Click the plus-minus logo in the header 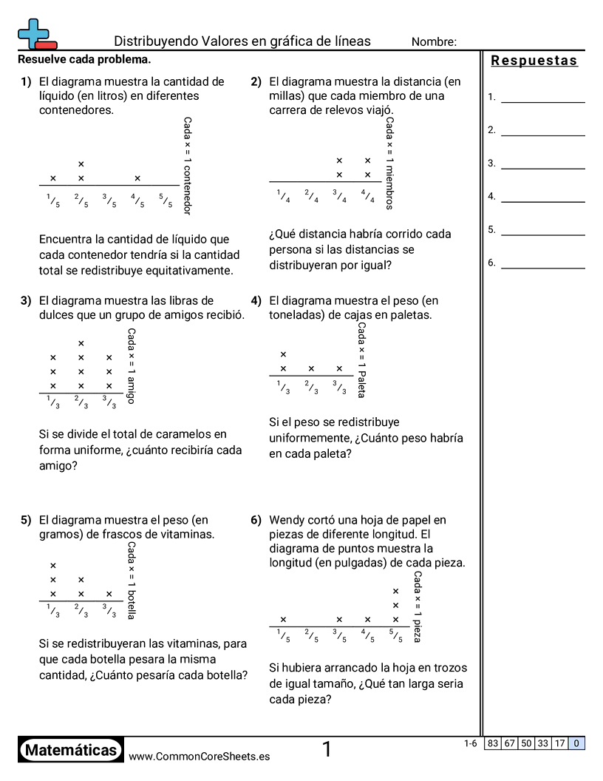pos(35,33)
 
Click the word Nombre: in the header pos(434,42)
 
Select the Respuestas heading pos(534,61)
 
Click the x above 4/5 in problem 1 pos(137,178)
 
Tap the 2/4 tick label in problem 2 pos(311,195)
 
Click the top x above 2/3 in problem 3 pos(81,343)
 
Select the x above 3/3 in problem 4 pos(339,368)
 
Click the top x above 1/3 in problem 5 pos(53,566)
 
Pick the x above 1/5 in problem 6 pos(283,620)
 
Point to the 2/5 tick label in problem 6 pos(311,635)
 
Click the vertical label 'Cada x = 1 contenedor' pos(187,166)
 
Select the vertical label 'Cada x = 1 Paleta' pos(361,359)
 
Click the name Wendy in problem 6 pos(285,520)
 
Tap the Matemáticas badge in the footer pos(71,751)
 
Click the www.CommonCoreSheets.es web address pos(199,757)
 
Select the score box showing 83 pos(493,743)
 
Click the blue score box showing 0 pos(576,743)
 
